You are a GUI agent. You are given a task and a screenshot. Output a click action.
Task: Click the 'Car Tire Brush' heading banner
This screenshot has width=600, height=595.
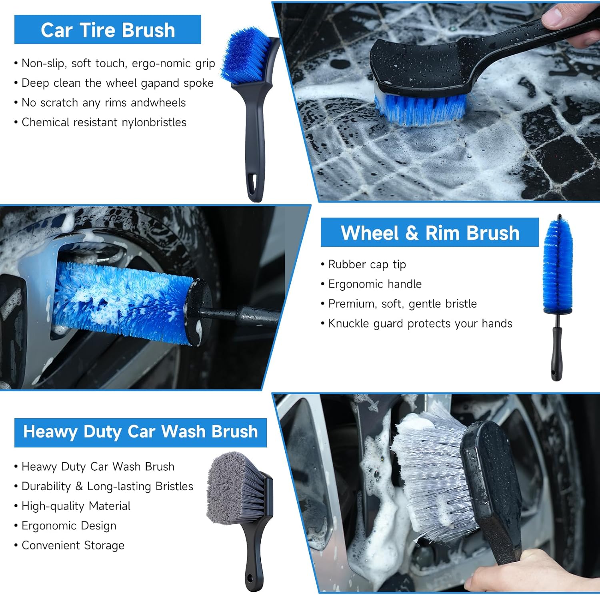point(108,30)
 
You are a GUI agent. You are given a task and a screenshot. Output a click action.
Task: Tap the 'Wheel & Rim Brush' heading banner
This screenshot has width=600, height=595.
point(430,232)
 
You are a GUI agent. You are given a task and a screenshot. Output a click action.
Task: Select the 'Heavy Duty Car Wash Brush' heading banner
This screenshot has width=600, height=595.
point(140,432)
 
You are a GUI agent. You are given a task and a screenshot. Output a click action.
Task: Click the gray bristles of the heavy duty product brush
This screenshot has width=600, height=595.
point(233,488)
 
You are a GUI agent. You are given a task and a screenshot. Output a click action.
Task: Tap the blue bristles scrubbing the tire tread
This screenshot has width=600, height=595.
point(420,107)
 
